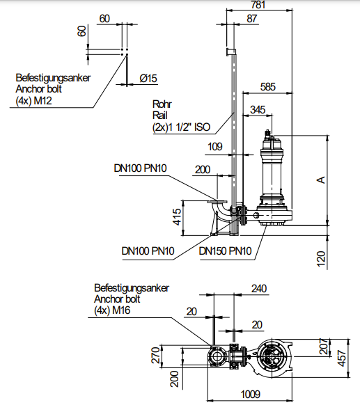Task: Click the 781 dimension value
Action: (258, 5)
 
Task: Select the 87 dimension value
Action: (251, 19)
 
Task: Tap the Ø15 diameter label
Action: (148, 79)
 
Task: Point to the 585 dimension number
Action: (268, 87)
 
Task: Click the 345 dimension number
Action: (258, 110)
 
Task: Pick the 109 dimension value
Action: (215, 147)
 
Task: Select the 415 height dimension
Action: (178, 217)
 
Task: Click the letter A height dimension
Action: (321, 180)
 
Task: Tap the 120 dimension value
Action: (321, 259)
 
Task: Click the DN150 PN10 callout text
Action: (225, 251)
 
